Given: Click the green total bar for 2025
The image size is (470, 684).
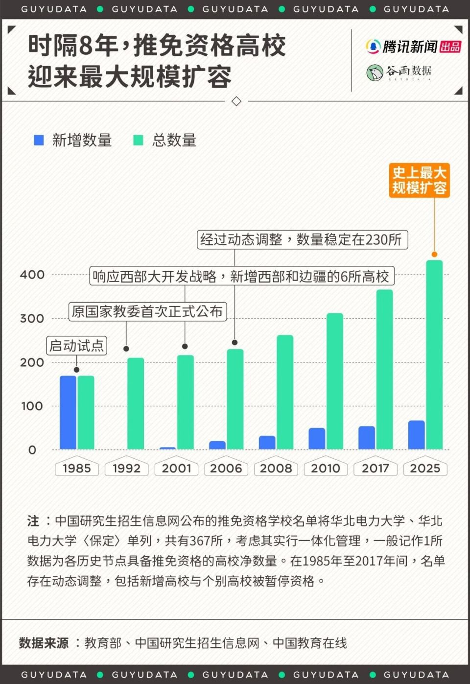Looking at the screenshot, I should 434,354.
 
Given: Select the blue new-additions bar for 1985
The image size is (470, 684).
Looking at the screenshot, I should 68,412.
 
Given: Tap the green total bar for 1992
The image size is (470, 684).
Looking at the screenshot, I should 136,403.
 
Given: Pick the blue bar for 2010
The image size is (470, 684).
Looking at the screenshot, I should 317,439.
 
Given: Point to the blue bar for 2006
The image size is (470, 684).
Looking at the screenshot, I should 217,445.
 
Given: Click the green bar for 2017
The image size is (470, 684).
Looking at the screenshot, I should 384,369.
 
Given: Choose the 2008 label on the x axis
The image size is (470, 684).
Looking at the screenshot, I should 276,469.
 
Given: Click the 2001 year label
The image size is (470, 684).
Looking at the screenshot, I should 176,469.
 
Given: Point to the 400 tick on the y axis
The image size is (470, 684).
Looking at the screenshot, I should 32,275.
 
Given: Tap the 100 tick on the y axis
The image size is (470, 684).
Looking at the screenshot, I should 32,406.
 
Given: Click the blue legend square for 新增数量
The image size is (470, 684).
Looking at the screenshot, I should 39,141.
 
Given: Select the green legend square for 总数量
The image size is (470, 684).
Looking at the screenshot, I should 138,141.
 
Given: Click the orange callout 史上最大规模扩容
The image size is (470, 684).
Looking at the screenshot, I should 419,180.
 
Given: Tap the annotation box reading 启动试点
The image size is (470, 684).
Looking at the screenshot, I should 77,346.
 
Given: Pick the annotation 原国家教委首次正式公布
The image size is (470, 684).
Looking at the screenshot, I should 147,311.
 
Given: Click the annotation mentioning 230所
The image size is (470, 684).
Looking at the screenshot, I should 302,239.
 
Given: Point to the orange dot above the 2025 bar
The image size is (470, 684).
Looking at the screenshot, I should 434,255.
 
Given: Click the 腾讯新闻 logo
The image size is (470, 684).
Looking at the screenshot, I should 413,47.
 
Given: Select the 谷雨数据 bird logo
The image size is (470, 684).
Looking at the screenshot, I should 375,73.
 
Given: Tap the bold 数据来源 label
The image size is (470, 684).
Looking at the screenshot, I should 44,643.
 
